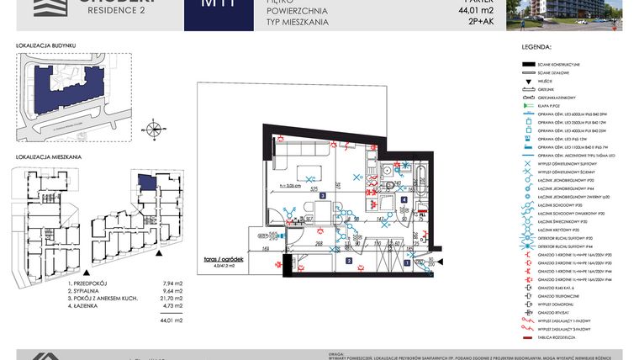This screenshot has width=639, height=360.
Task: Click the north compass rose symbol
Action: [154, 130]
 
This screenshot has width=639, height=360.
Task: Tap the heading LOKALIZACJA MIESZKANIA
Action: [49, 157]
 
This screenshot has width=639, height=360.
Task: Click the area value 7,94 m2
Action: [161, 285]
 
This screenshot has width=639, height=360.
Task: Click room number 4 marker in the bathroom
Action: [404, 200]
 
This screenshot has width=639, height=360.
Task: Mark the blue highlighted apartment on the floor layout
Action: [148, 182]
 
